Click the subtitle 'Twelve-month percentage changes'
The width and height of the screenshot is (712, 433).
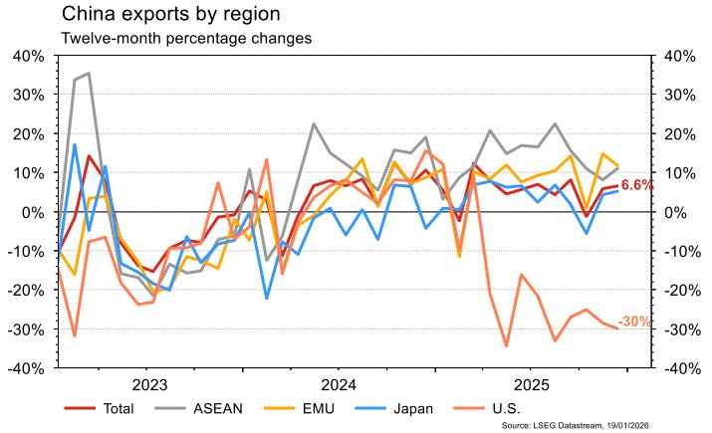(x=186, y=39)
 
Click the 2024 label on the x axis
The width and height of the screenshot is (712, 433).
(x=340, y=384)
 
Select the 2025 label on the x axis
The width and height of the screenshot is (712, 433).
(x=530, y=384)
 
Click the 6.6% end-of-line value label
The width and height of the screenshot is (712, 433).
(x=637, y=185)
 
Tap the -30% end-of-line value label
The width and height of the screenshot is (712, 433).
(x=634, y=322)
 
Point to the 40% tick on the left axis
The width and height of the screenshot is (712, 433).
(x=28, y=56)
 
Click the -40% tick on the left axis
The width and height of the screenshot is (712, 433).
(x=25, y=368)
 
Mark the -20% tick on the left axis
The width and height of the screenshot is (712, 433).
(x=25, y=291)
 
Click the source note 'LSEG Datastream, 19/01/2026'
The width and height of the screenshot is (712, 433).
(x=608, y=424)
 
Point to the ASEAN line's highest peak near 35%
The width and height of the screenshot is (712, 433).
(x=89, y=73)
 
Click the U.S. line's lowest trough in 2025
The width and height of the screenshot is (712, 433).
(x=507, y=346)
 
